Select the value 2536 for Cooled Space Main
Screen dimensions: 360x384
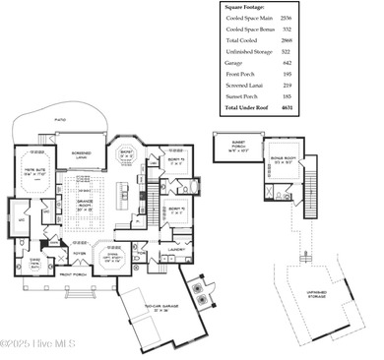(x=287, y=18)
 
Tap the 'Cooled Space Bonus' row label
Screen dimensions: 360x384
(x=246, y=30)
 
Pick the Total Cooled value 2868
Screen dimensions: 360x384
(x=287, y=40)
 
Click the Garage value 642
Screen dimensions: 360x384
(x=287, y=62)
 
